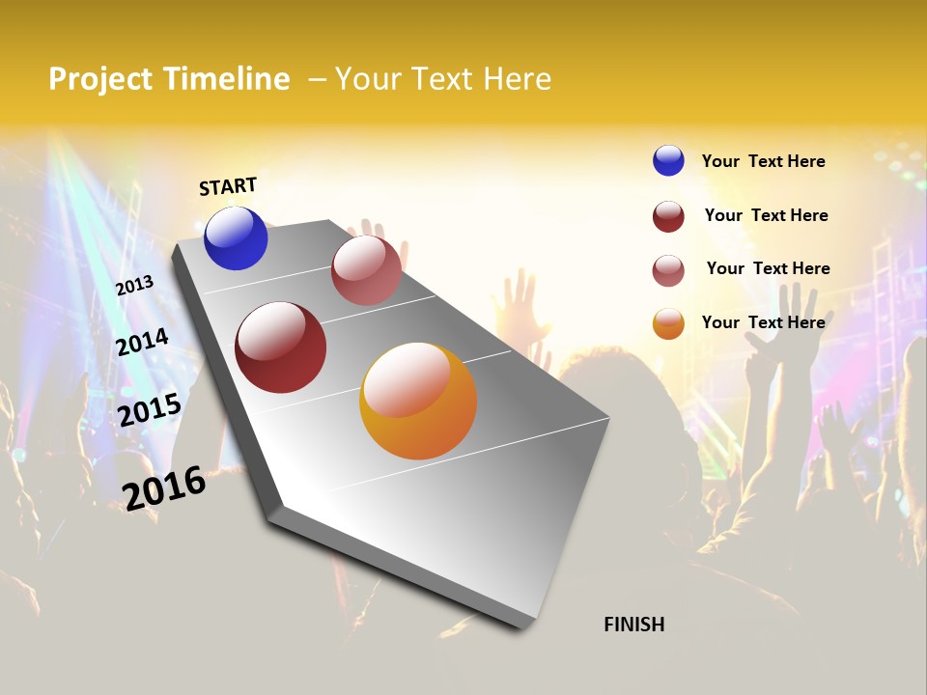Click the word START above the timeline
pyautogui.click(x=228, y=186)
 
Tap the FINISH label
pyautogui.click(x=633, y=625)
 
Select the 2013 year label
pyautogui.click(x=134, y=286)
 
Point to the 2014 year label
pyautogui.click(x=143, y=342)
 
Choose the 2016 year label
pyautogui.click(x=164, y=487)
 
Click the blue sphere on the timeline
pyautogui.click(x=236, y=238)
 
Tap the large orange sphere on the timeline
pyautogui.click(x=418, y=401)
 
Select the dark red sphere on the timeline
pyautogui.click(x=280, y=347)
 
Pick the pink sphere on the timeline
pyautogui.click(x=366, y=270)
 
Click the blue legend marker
pyautogui.click(x=668, y=160)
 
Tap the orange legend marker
pyautogui.click(x=668, y=323)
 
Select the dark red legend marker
pyautogui.click(x=668, y=216)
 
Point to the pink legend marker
pyautogui.click(x=668, y=270)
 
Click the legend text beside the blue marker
pyautogui.click(x=763, y=162)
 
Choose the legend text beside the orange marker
pyautogui.click(x=763, y=322)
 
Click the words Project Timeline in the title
pyautogui.click(x=169, y=79)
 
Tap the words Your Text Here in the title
pyautogui.click(x=443, y=79)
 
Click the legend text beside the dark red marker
pyautogui.click(x=766, y=215)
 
